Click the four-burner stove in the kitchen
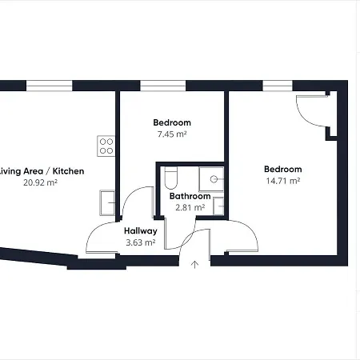[106, 145]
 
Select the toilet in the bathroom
[169, 178]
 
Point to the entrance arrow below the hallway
[193, 265]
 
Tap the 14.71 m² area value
[283, 182]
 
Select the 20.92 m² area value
[41, 183]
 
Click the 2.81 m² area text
[190, 207]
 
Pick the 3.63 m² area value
[141, 242]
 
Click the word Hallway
[141, 231]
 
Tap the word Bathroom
[190, 196]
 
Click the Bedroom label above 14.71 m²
[283, 170]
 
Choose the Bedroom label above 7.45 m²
[171, 123]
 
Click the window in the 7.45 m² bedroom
[164, 86]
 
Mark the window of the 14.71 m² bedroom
[277, 86]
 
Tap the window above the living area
[50, 86]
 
